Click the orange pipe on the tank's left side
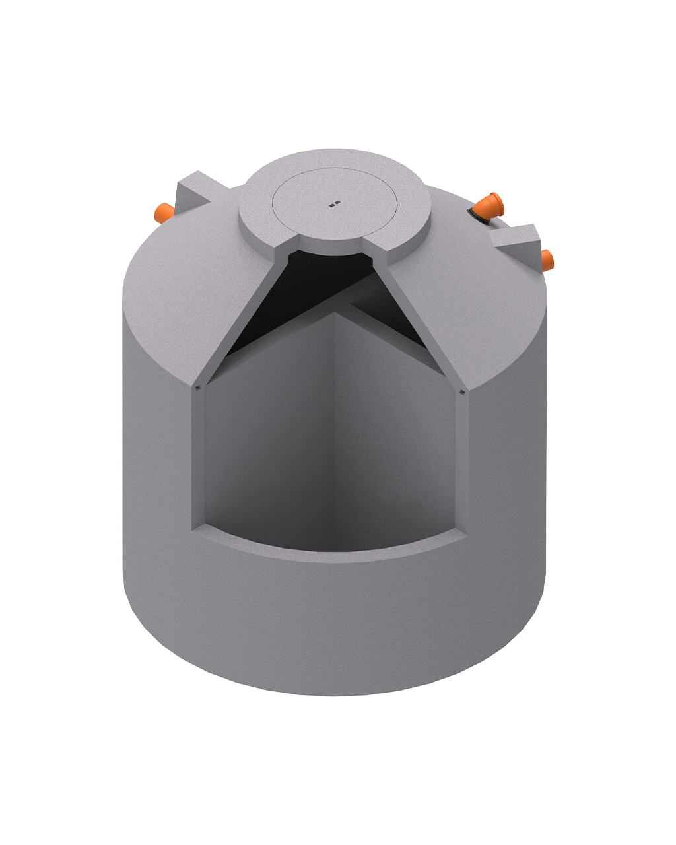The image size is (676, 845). (x=162, y=213)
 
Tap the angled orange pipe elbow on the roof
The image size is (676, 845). (x=490, y=205)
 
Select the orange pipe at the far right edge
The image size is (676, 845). (x=547, y=259)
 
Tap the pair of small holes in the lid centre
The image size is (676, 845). (x=334, y=204)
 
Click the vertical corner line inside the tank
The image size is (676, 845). (x=335, y=429)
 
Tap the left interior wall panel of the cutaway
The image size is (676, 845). (x=271, y=436)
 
